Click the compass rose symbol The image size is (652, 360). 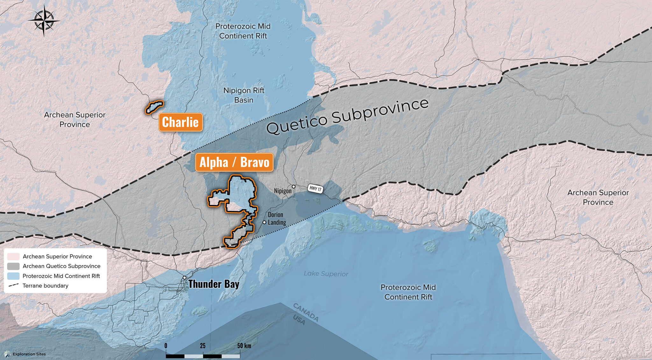44,21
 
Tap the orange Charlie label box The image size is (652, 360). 181,122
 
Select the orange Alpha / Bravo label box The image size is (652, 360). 234,162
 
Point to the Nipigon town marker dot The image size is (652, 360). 294,187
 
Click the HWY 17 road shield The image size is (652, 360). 315,189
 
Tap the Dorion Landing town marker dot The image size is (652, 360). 264,222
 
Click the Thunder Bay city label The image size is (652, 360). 214,284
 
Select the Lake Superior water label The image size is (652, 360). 326,274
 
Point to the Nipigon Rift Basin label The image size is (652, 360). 244,95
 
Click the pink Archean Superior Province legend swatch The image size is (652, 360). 13,256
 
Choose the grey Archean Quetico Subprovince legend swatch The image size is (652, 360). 13,266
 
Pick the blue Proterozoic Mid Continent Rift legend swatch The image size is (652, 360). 13,276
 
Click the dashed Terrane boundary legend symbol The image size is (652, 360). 13,285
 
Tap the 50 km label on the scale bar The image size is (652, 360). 244,346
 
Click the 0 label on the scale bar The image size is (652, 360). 166,346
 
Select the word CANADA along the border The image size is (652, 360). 306,312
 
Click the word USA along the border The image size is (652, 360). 299,320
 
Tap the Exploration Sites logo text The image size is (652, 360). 29,354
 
